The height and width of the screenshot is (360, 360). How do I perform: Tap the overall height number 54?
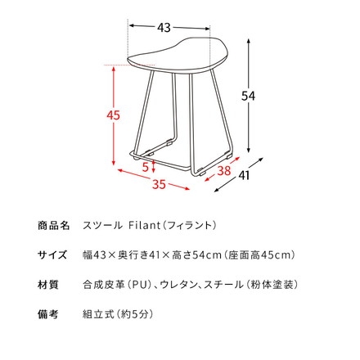(x=258, y=97)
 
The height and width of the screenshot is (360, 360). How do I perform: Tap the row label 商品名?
(x=55, y=225)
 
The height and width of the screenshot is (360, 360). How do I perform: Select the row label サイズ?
(x=55, y=254)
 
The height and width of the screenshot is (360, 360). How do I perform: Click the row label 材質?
(x=48, y=284)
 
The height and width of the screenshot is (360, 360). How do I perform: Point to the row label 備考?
(x=48, y=313)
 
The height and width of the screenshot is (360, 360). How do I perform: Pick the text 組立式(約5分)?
(x=118, y=313)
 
